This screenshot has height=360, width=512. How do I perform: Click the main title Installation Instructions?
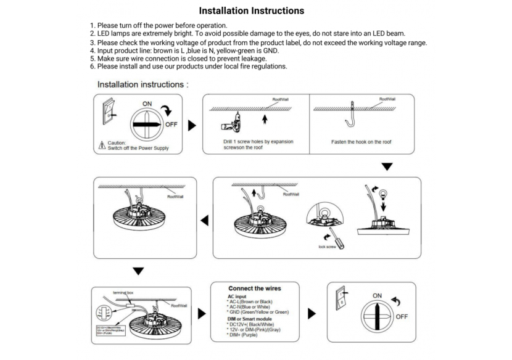251,11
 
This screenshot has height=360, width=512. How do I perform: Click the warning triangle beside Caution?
102,145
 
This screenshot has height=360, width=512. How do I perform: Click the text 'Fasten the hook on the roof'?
361,142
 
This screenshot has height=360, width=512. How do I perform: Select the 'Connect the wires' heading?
254,288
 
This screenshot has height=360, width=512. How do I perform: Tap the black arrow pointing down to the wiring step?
139,270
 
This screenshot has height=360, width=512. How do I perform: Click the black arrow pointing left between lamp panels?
204,219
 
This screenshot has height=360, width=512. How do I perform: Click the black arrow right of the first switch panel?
192,125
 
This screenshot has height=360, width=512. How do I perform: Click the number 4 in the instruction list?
93,51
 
